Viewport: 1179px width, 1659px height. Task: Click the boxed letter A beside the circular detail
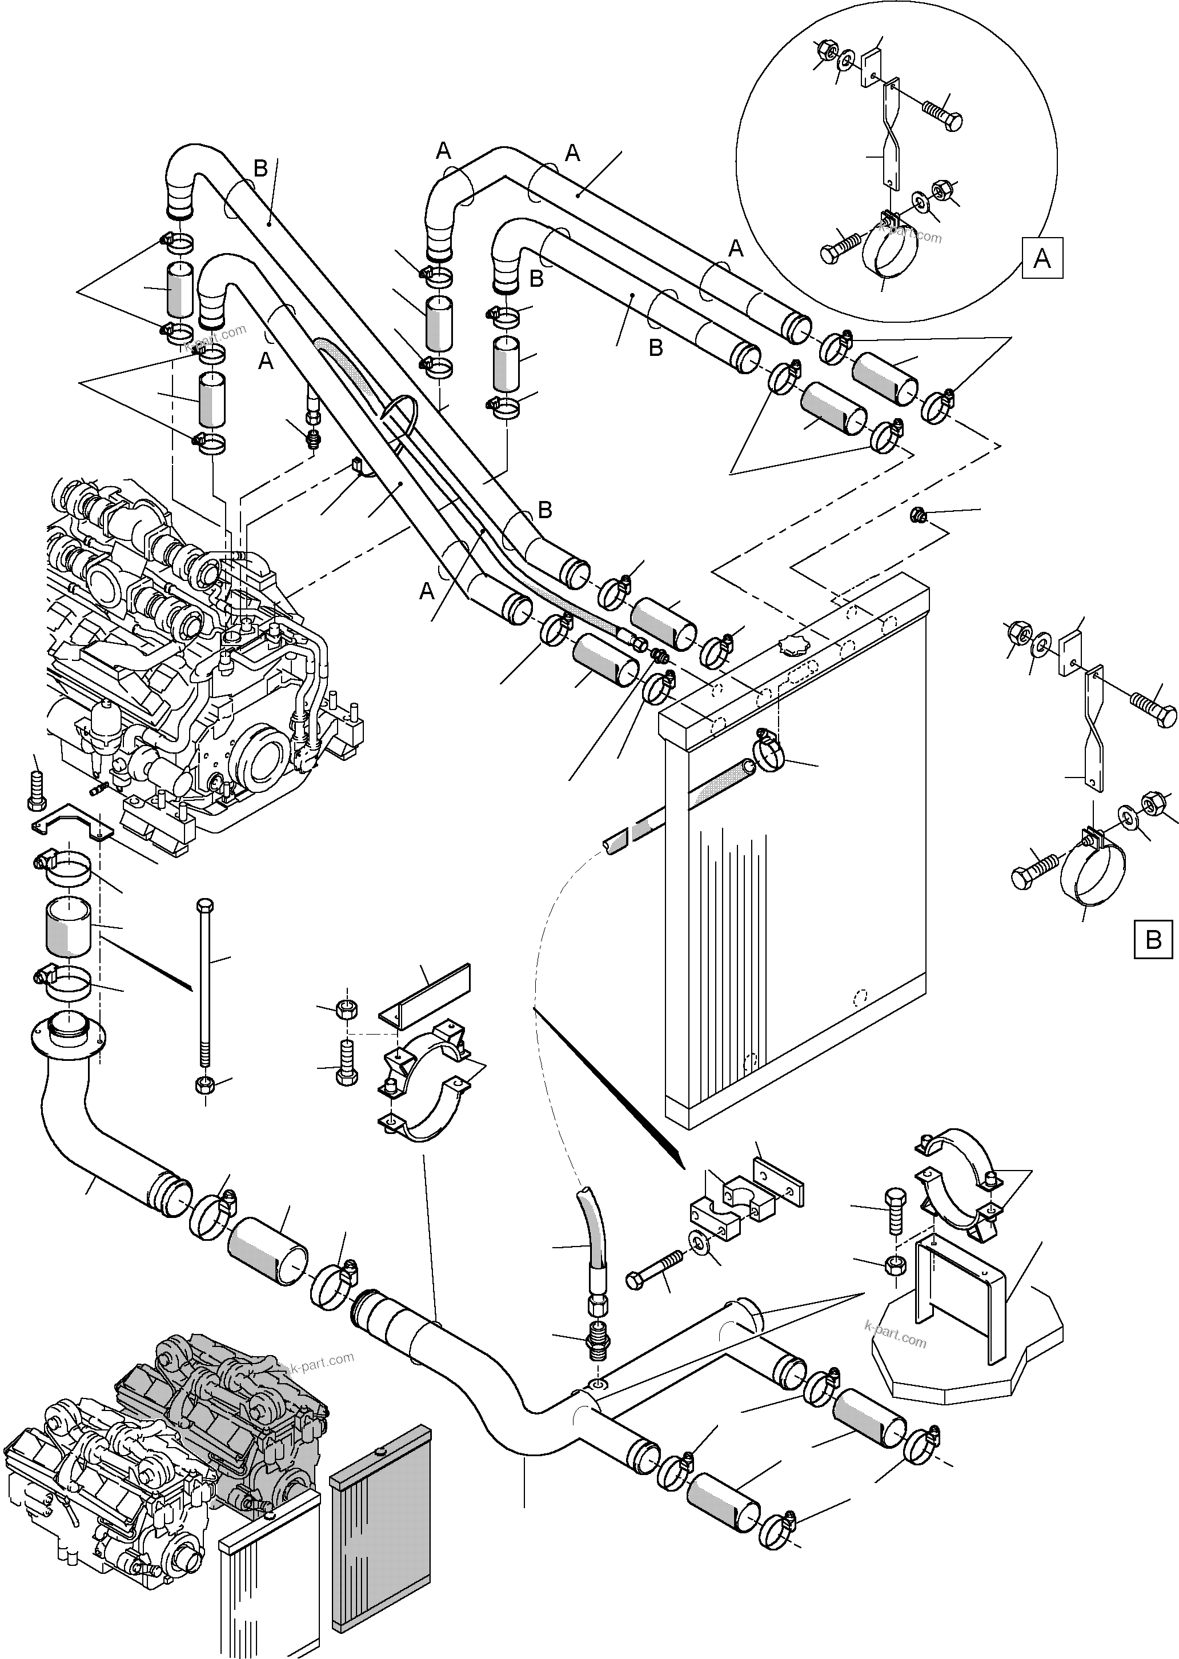click(x=1042, y=258)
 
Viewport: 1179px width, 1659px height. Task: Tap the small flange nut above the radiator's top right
click(x=917, y=516)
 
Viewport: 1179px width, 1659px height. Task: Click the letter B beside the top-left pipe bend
click(x=260, y=169)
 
